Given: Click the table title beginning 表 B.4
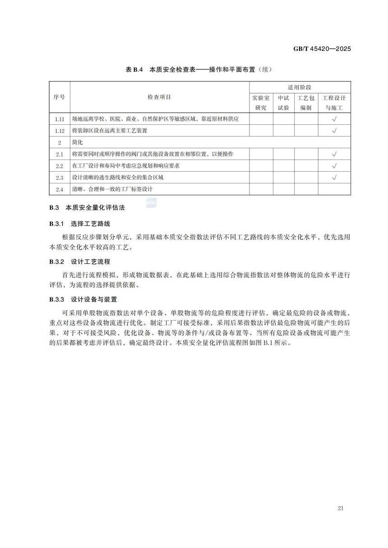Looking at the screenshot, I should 199,69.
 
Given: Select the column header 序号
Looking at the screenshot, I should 59,97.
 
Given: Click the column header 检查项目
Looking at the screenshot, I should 159,97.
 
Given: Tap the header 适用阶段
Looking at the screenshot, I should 300,87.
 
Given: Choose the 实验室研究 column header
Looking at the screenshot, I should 261,103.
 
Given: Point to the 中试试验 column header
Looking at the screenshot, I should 283,103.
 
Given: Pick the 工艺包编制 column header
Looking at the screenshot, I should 306,103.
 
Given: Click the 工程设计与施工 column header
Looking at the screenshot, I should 334,103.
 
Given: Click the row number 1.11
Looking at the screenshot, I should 59,119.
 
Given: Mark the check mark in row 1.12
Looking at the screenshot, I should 334,131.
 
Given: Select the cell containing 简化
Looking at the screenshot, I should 78,142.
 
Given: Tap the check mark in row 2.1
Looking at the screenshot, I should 334,154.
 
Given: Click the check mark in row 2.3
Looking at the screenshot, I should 334,178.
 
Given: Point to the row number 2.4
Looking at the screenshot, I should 59,189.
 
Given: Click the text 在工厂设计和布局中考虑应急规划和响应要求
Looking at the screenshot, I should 126,166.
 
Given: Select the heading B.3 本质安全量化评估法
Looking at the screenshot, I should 87,208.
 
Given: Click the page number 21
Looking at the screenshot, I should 340,509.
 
